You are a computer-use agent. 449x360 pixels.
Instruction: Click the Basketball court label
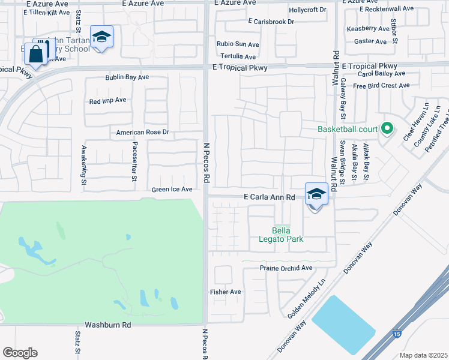click(x=348, y=129)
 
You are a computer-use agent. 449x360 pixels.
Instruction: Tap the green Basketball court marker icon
click(x=387, y=128)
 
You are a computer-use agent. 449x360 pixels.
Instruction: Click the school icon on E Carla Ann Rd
click(x=316, y=194)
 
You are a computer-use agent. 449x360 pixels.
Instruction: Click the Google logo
click(x=20, y=353)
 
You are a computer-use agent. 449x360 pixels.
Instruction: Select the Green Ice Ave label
click(x=172, y=190)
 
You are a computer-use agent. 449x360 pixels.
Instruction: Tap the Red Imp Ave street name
click(x=107, y=100)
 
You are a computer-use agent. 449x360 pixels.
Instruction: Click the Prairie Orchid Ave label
click(x=286, y=268)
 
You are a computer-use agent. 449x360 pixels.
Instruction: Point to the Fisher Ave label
click(x=225, y=292)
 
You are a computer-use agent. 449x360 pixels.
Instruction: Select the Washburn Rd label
click(x=107, y=325)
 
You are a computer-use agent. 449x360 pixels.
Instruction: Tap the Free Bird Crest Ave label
click(x=381, y=86)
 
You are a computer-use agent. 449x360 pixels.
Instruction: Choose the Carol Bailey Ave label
click(x=381, y=74)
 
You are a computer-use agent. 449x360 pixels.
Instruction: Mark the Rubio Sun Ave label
click(x=238, y=44)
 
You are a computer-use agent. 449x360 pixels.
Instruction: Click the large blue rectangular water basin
click(x=343, y=325)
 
